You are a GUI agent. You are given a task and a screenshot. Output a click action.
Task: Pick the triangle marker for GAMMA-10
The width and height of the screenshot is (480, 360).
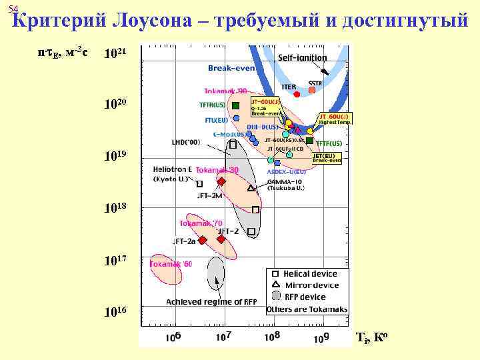click(x=251, y=188)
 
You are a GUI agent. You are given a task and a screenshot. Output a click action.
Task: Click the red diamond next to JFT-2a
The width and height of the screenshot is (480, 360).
click(x=203, y=240)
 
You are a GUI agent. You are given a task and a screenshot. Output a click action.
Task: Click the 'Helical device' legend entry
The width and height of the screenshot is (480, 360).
click(x=310, y=273)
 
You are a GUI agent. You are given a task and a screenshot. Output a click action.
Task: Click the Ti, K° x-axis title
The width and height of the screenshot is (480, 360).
click(x=371, y=337)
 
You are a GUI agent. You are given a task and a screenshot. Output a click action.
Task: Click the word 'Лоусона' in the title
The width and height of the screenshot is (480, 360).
click(x=158, y=21)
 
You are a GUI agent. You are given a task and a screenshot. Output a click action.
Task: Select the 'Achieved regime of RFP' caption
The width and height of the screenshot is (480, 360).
click(x=211, y=301)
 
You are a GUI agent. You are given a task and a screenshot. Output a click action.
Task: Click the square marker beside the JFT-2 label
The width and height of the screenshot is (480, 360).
click(x=251, y=231)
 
